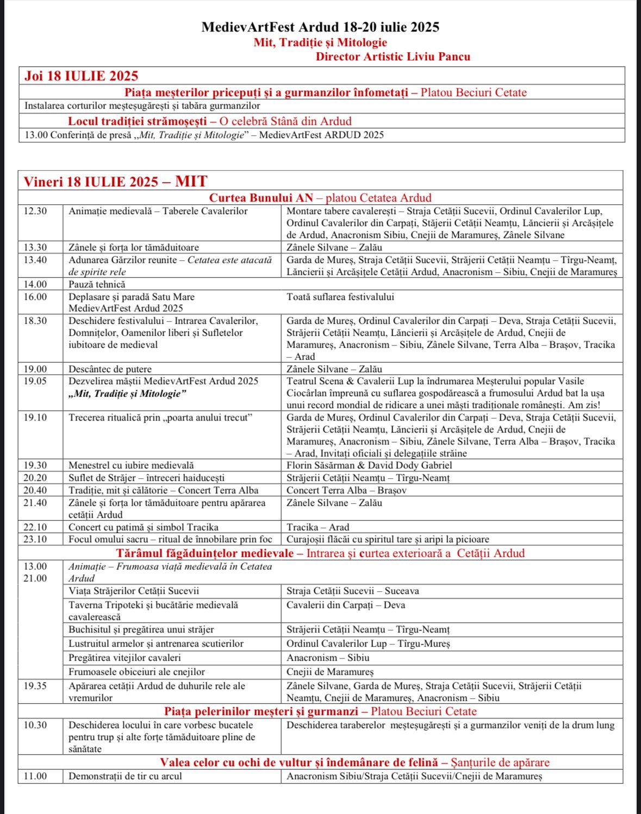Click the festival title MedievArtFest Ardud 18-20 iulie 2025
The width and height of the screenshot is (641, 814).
[x=320, y=27]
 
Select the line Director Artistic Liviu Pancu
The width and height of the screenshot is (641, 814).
[x=393, y=57]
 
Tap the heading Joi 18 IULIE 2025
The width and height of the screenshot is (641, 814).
[x=81, y=76]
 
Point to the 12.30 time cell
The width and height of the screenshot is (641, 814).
[x=35, y=211]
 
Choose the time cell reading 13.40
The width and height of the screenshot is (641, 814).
[x=35, y=260]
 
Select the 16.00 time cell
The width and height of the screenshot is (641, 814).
[x=35, y=297]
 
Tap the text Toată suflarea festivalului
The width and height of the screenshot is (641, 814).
[x=340, y=297]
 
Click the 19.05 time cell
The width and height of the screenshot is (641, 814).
[x=35, y=381]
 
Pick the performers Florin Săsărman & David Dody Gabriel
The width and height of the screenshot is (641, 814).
[x=369, y=466]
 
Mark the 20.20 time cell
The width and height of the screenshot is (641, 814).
[x=35, y=478]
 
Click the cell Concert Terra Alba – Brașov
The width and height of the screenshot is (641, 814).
[x=346, y=491]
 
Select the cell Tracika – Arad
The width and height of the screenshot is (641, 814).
[x=318, y=528]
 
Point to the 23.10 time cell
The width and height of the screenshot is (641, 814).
[x=35, y=540]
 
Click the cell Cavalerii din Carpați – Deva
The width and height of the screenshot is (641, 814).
[x=345, y=605]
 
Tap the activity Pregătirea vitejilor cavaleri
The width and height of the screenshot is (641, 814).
[x=125, y=658]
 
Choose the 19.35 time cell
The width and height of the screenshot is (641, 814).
[x=35, y=686]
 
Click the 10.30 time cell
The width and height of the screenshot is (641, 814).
[x=35, y=725]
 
